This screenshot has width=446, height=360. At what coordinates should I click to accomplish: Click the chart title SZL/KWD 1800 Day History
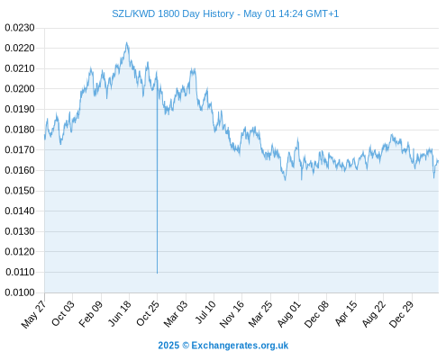point(173,13)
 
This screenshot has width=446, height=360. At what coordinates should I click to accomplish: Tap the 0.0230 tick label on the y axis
point(20,28)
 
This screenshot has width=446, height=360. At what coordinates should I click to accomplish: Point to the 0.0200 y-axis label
point(20,89)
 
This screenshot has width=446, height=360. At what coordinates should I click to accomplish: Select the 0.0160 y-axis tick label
point(20,170)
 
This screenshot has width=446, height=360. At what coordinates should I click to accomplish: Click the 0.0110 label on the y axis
point(20,272)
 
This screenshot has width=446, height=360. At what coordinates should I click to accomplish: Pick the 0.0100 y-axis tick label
point(20,292)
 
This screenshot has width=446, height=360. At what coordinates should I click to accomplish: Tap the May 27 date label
point(34,314)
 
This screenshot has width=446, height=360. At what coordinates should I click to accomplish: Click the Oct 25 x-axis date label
point(147,313)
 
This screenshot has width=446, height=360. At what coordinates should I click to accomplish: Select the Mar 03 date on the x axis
point(176,314)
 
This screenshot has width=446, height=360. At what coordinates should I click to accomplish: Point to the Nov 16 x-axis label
point(232,314)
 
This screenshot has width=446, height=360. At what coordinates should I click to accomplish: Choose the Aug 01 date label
point(288,314)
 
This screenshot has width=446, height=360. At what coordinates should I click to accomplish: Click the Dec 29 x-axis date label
point(401,314)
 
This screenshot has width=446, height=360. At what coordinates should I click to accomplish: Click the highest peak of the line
point(127,42)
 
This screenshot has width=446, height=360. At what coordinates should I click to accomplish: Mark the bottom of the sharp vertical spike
point(157,273)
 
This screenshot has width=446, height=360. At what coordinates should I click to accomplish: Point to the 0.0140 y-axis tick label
point(20,211)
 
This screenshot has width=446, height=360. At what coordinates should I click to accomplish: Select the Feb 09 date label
point(90,314)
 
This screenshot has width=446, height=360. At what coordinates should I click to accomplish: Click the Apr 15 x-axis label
point(346,313)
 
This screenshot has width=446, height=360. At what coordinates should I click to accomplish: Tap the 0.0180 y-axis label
point(20,130)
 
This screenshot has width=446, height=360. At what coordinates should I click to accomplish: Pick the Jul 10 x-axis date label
point(205,312)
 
